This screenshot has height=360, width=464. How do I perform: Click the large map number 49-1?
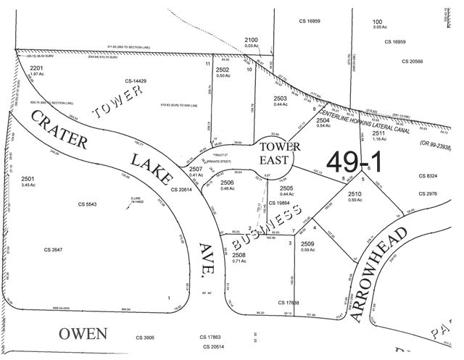(x=358, y=161)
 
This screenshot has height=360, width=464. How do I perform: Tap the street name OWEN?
(x=83, y=334)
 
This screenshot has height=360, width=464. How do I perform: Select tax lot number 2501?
(x=28, y=178)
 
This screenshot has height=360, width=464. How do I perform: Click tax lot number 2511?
(x=378, y=133)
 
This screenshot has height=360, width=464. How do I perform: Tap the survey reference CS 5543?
(x=87, y=204)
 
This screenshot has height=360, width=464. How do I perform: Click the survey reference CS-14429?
(x=136, y=81)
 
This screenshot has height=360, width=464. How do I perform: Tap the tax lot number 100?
(x=377, y=22)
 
